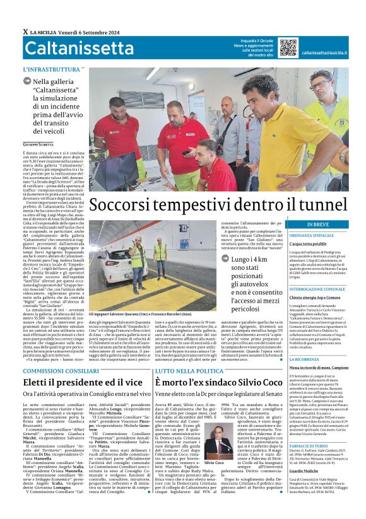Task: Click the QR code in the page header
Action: point(288,48)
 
